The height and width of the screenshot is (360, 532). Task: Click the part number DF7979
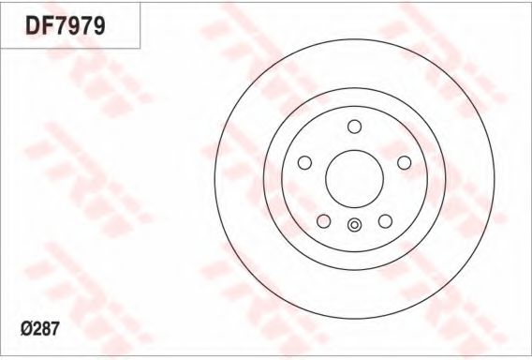coord(66,26)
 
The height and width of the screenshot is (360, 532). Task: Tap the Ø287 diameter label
coord(40,329)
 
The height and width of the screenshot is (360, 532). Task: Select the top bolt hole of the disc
coord(355,127)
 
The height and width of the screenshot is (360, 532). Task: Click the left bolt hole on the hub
coord(304,162)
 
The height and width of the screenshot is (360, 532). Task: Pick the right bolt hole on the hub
coord(404,162)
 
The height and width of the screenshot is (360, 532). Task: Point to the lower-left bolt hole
coord(324,221)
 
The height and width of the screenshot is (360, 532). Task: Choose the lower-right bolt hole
coord(385,221)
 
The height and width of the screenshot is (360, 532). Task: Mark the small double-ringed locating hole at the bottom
coord(355,224)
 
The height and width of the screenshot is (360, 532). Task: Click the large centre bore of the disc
coord(355,179)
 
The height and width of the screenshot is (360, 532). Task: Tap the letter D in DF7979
coord(33,26)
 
